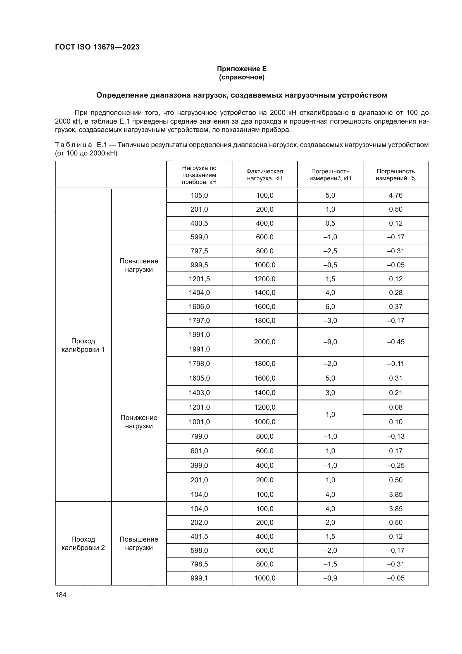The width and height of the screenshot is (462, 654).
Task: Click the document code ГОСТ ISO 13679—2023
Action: click(x=97, y=47)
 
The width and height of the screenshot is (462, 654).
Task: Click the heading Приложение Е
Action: click(x=242, y=69)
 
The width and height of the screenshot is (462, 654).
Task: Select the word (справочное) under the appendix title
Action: click(x=242, y=77)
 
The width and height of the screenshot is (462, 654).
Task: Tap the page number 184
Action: click(x=61, y=595)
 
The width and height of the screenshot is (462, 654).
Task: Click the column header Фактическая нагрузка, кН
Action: click(x=265, y=174)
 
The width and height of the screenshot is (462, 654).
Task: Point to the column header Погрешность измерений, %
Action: click(x=396, y=174)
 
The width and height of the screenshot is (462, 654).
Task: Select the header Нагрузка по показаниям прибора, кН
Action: click(x=199, y=174)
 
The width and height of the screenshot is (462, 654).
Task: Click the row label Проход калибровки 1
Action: click(x=83, y=345)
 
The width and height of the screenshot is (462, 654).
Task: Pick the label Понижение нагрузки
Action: click(x=139, y=422)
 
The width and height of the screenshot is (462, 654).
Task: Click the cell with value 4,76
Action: click(x=396, y=195)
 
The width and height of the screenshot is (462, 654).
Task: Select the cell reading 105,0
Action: click(x=199, y=195)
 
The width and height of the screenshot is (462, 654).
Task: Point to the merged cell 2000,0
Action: click(x=265, y=342)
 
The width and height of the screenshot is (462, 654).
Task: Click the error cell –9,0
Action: click(x=330, y=342)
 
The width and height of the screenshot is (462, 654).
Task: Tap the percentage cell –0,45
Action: click(x=396, y=342)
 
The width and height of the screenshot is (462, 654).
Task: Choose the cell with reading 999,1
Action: click(x=199, y=578)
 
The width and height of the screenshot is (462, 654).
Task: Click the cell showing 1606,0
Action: click(x=199, y=306)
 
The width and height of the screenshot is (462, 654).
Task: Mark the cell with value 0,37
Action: click(x=396, y=306)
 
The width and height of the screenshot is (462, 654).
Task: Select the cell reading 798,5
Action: click(x=199, y=564)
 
